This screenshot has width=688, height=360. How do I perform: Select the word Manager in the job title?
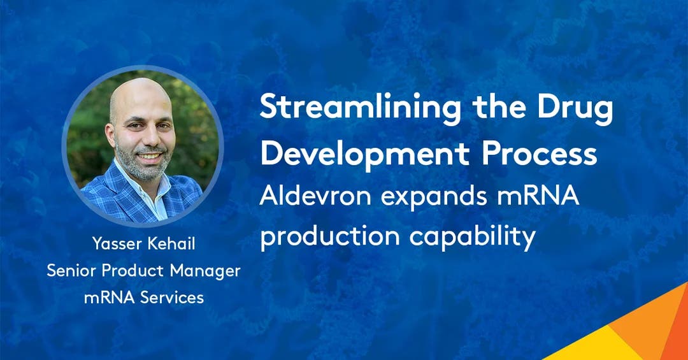tap(205, 271)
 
